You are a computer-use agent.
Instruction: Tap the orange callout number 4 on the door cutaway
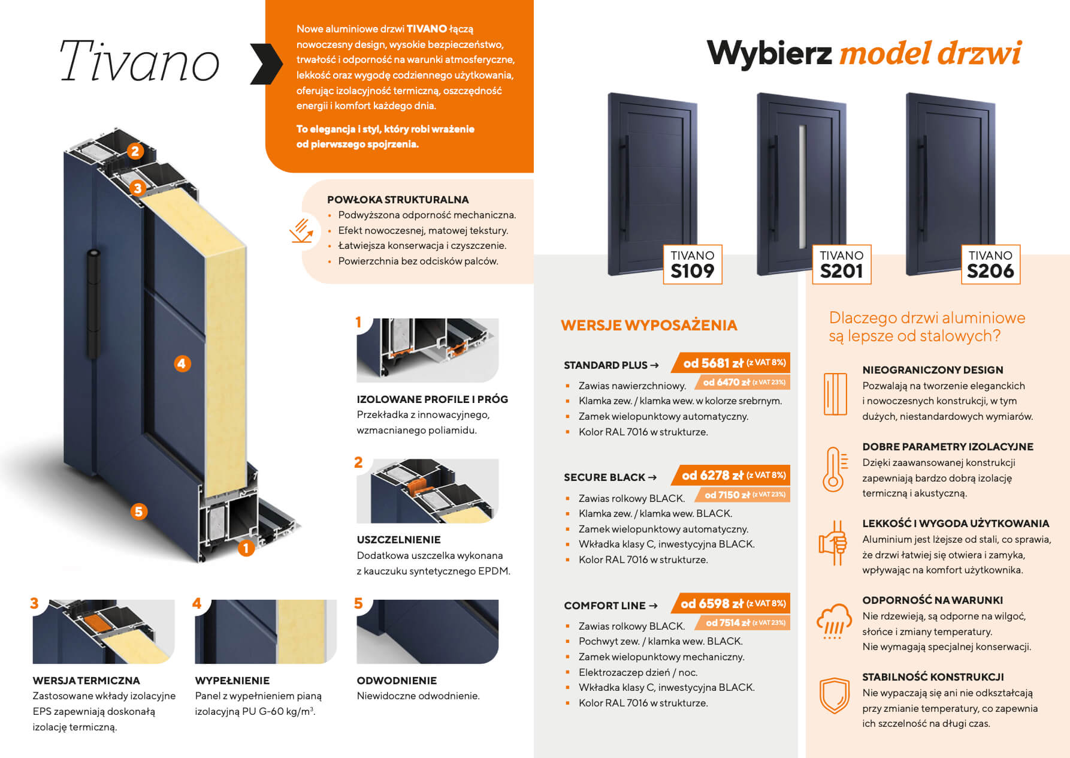tap(182, 363)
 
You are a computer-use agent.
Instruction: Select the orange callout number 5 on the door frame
tap(139, 512)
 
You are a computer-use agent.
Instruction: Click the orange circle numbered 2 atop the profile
tap(135, 151)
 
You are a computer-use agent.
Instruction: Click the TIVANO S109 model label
tap(693, 264)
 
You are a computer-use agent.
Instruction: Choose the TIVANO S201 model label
tap(842, 264)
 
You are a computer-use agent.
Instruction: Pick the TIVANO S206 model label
tap(990, 264)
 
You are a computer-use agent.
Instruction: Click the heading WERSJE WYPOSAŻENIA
tap(649, 325)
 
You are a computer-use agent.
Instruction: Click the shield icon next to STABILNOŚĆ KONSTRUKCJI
tap(834, 696)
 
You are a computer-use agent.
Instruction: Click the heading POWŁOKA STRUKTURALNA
tap(398, 200)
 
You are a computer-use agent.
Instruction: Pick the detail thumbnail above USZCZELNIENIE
tap(428, 491)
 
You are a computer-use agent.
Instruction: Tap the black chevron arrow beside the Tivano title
tap(267, 64)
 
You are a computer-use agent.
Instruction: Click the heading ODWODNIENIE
tap(397, 681)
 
